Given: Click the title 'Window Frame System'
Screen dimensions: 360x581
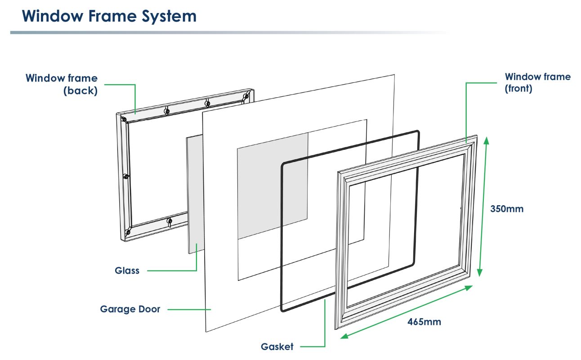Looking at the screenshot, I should (109, 16).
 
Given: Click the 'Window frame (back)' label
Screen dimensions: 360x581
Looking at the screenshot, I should (62, 84).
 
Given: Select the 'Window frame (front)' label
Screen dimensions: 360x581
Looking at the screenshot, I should (537, 82).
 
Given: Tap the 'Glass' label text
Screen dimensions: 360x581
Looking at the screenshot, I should (127, 270).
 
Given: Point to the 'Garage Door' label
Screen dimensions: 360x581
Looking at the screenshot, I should (130, 309).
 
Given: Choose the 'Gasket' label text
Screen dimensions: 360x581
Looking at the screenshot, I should (277, 346).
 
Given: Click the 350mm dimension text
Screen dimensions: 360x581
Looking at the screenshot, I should (507, 209).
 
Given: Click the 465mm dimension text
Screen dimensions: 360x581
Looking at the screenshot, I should (424, 322).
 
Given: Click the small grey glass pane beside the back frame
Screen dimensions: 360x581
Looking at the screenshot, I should (194, 193).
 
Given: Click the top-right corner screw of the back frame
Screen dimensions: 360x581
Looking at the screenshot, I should (246, 96).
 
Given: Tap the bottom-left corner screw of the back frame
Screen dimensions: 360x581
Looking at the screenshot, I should (127, 232).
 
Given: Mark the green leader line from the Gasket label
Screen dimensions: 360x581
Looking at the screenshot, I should (325, 324).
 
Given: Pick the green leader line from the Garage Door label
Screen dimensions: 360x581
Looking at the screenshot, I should (189, 309).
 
